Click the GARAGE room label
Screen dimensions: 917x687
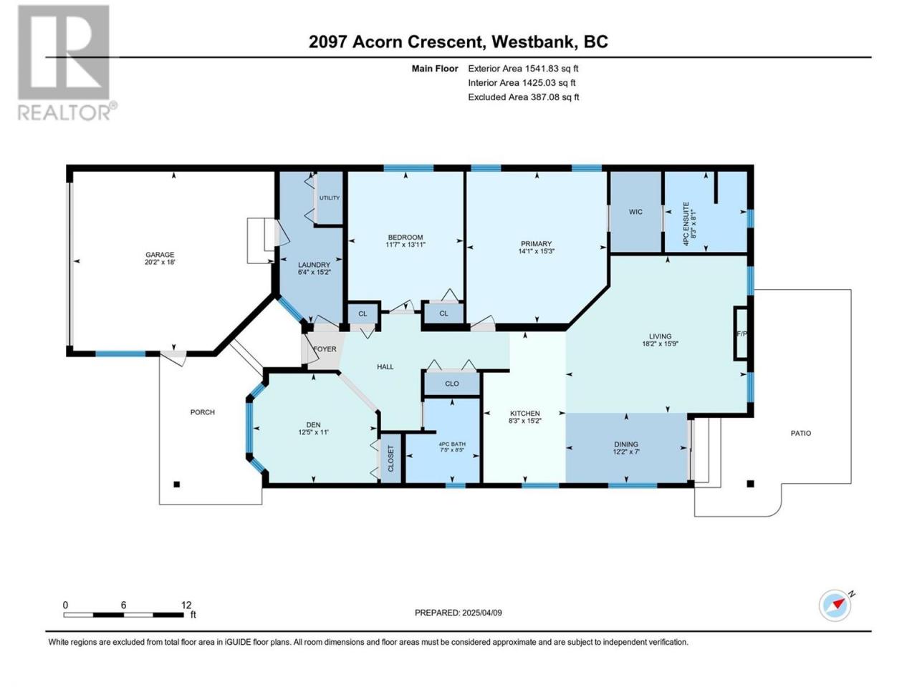tap(160, 255)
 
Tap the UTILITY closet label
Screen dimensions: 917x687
tap(330, 198)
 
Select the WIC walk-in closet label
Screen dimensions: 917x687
tap(635, 212)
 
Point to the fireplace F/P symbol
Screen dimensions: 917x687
tap(742, 333)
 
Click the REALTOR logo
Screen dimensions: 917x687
tap(67, 62)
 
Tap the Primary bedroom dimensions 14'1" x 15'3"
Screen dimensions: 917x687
tap(537, 251)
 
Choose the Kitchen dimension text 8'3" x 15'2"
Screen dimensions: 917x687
tap(524, 421)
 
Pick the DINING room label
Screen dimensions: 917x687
tap(626, 444)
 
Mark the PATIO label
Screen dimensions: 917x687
tap(801, 434)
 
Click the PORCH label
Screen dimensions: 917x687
tap(203, 412)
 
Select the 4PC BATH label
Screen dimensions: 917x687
tap(452, 444)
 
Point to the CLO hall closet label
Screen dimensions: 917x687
tap(452, 384)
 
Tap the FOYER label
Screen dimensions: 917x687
tap(325, 349)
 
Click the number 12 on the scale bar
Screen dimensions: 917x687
tap(186, 605)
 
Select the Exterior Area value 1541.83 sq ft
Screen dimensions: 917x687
tap(552, 69)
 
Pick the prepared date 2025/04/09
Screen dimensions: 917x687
tap(481, 613)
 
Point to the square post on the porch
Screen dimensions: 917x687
tap(177, 484)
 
